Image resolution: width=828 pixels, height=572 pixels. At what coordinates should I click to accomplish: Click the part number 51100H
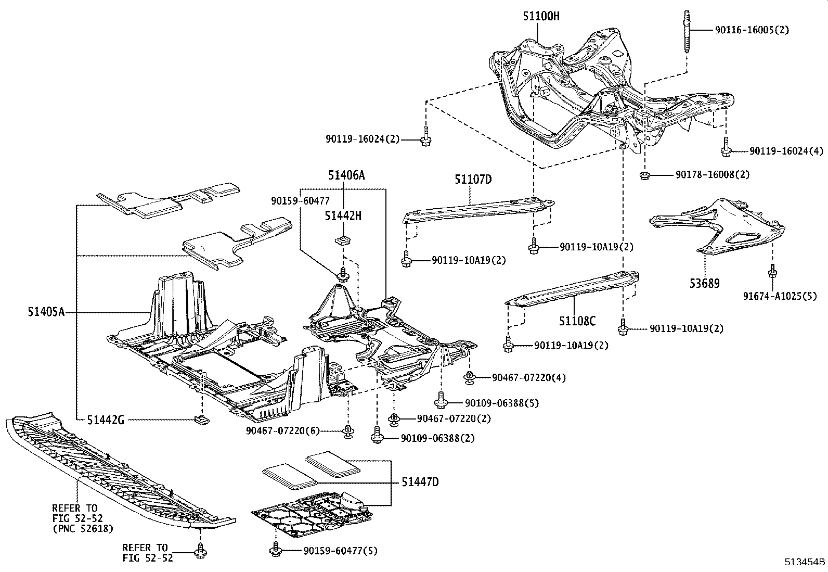tap(541, 17)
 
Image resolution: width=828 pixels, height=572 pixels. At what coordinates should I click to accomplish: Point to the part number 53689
tap(705, 284)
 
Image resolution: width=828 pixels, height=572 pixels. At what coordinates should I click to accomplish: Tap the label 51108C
tap(577, 321)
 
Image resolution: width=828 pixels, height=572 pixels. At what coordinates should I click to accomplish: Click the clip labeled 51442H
tap(342, 241)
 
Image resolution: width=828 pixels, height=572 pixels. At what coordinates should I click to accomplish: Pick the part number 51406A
tap(346, 175)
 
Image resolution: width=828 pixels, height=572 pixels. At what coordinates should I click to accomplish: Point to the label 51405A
tap(46, 312)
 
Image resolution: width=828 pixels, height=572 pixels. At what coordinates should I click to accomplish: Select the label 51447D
tap(420, 482)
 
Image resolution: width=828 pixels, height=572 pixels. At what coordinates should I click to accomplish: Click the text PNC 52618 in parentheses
tap(83, 529)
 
